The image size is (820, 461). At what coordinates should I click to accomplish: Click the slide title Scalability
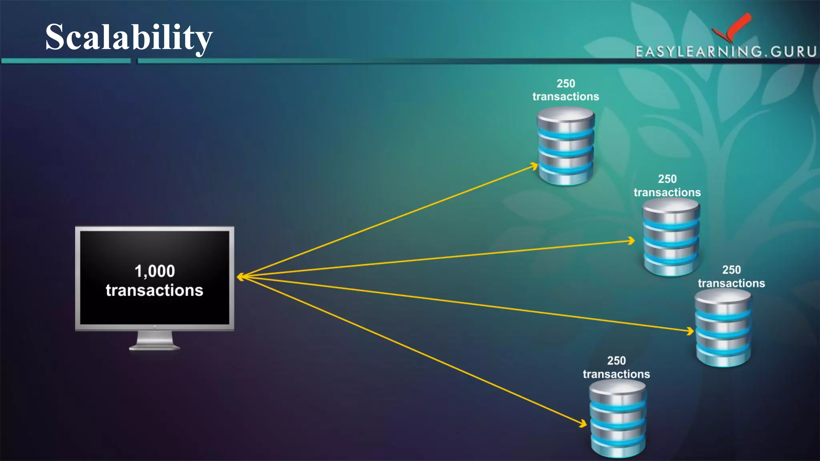click(x=129, y=37)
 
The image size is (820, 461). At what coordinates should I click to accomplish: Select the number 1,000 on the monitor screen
click(x=155, y=271)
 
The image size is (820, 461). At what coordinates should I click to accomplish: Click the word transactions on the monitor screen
click(x=155, y=291)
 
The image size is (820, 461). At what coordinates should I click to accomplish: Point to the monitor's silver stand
click(x=155, y=341)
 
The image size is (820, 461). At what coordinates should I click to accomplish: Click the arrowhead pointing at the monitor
click(x=240, y=277)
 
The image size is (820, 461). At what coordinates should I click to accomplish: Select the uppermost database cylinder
click(x=565, y=146)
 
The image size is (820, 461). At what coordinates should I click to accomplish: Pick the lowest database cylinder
click(x=617, y=418)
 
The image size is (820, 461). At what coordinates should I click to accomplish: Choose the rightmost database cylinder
click(x=723, y=328)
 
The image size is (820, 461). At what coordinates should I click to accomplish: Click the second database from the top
click(x=671, y=237)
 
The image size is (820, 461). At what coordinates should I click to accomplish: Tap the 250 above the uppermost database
click(x=566, y=84)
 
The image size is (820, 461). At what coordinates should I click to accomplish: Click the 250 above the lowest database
click(x=616, y=361)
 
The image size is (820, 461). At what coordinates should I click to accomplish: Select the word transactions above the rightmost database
click(x=731, y=283)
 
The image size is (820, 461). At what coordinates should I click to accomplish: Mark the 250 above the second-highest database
click(x=667, y=179)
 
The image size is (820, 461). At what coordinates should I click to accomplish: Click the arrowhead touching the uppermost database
click(x=535, y=165)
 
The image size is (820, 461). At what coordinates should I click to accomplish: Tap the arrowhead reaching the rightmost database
click(x=690, y=331)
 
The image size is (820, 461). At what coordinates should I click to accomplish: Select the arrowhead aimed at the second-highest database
click(x=631, y=241)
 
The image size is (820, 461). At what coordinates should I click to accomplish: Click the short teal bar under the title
click(x=66, y=61)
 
